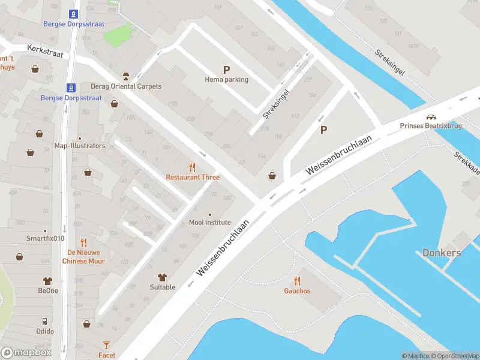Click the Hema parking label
(226, 79)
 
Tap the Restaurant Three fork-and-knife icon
(193, 167)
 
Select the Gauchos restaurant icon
(298, 281)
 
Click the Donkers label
(442, 253)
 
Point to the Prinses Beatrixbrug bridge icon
(430, 117)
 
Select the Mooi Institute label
(209, 222)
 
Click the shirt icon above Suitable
(162, 277)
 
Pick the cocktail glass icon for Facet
(107, 345)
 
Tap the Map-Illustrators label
(80, 146)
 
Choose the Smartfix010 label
(45, 238)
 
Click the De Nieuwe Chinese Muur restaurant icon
(83, 242)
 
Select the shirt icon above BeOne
(48, 281)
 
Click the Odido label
(45, 331)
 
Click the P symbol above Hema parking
(226, 70)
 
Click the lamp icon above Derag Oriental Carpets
(125, 76)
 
